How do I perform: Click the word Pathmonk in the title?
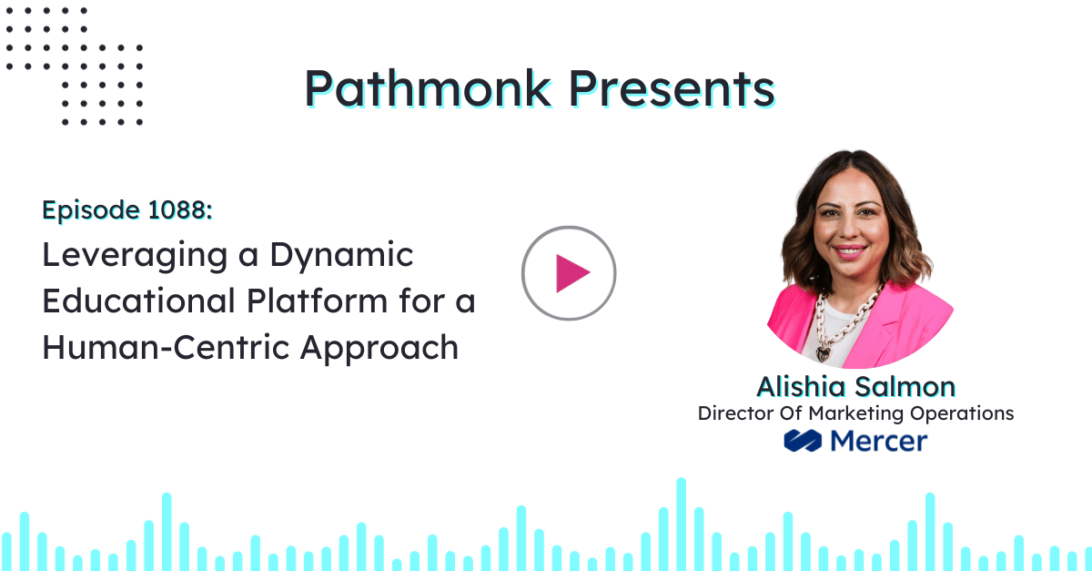pos(427,89)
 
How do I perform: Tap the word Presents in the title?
pos(672,89)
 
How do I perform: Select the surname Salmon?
pos(910,386)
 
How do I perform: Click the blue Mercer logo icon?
pos(803,442)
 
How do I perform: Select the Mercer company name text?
pos(878,442)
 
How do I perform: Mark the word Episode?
pos(87,211)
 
